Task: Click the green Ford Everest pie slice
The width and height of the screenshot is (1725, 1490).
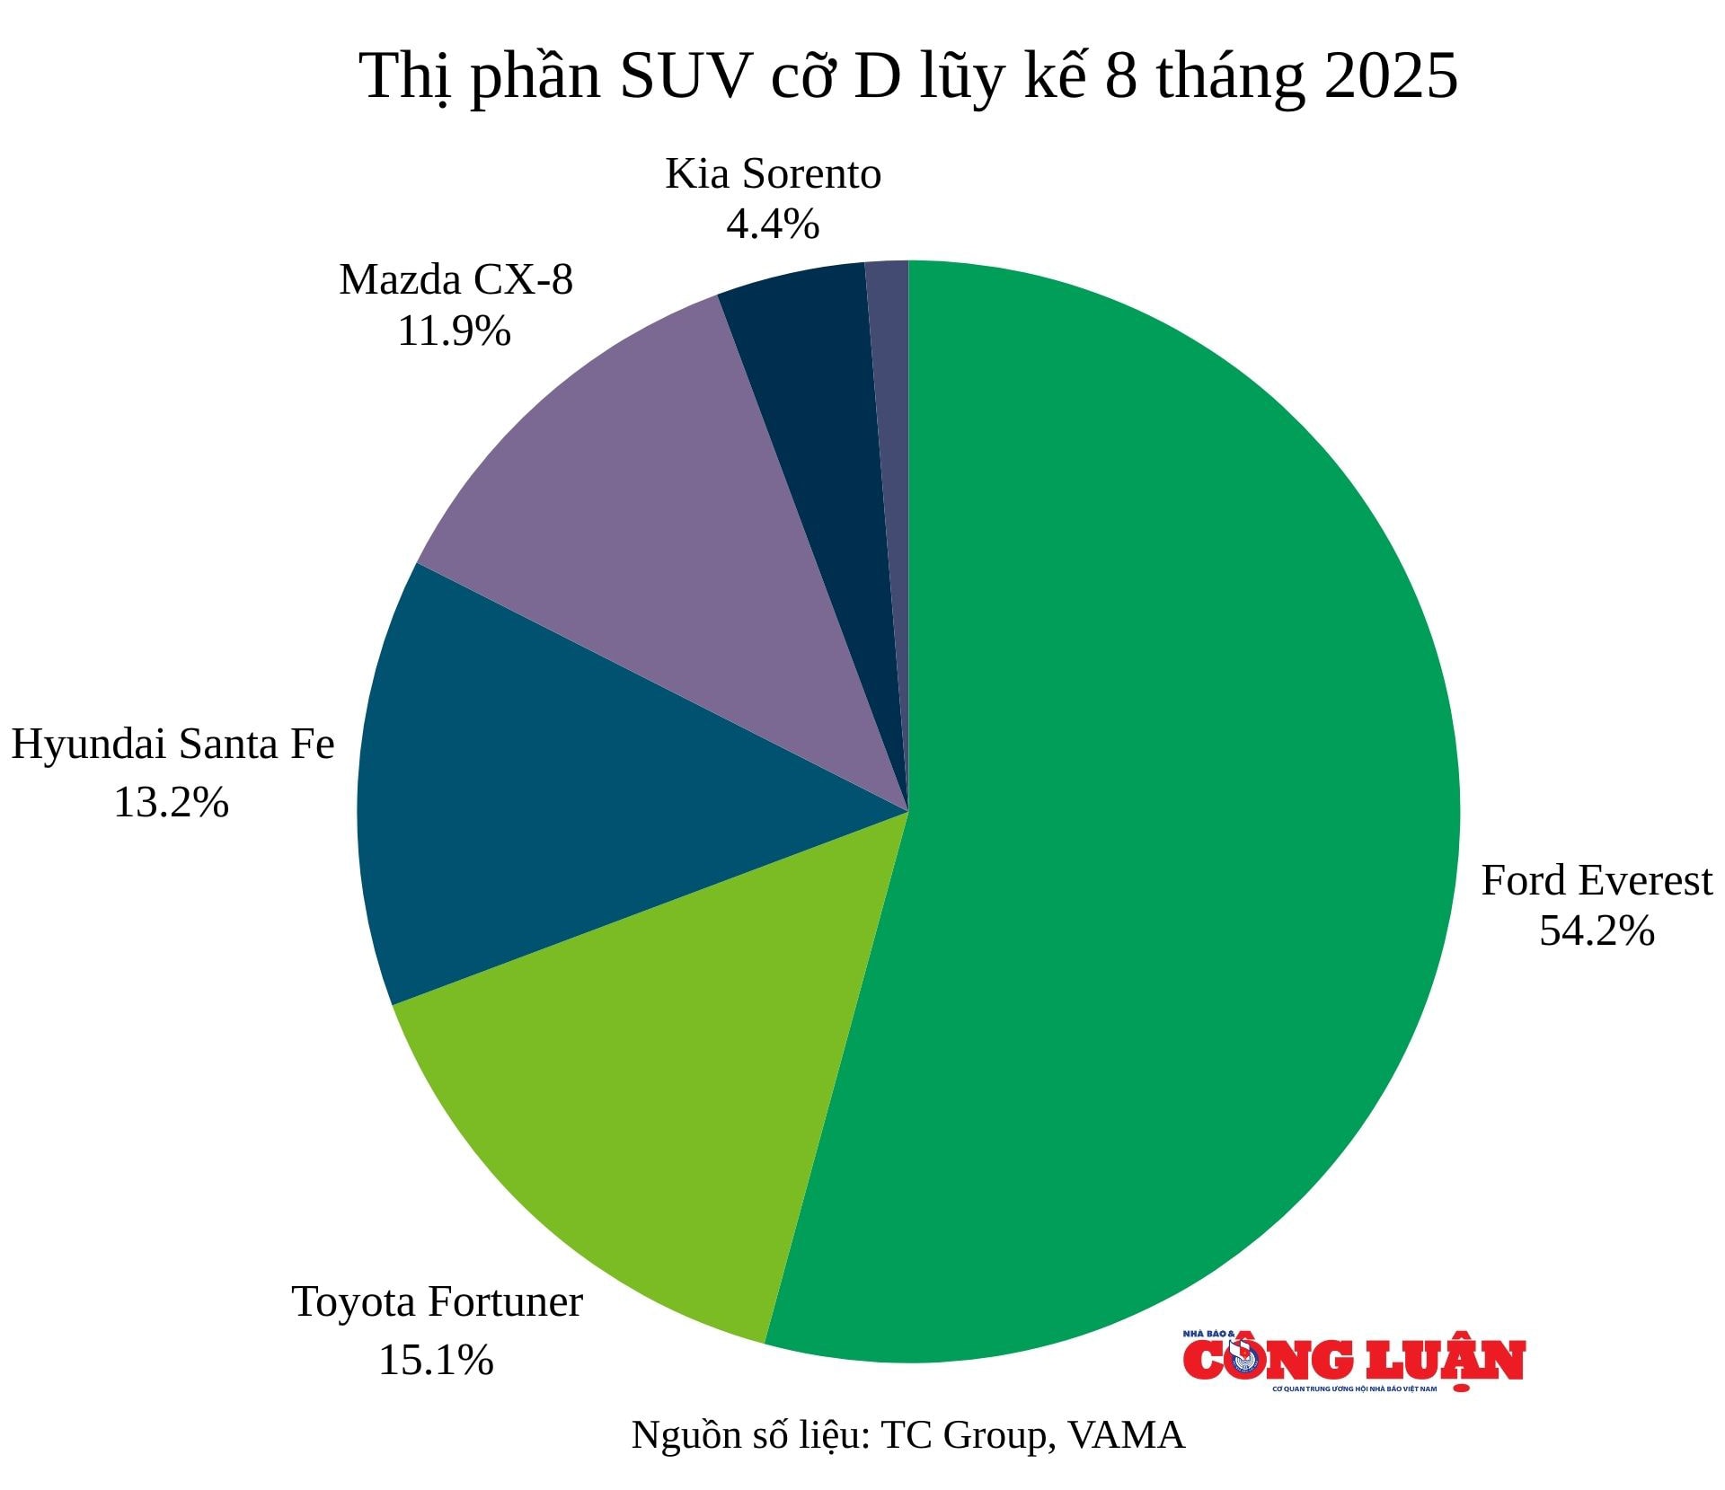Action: click(x=1168, y=808)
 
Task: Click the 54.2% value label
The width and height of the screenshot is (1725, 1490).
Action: click(x=1597, y=931)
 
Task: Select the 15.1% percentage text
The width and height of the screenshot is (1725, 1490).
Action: click(x=436, y=1360)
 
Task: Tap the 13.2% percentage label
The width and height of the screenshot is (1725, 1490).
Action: click(x=171, y=802)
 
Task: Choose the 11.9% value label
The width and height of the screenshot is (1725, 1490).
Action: click(x=454, y=331)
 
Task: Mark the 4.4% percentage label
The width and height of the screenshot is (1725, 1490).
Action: click(x=773, y=224)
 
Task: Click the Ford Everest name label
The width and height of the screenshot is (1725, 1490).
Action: click(x=1597, y=880)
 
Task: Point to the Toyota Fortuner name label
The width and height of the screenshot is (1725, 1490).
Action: click(x=438, y=1302)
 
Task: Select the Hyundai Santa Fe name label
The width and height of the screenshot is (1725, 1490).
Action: click(x=172, y=745)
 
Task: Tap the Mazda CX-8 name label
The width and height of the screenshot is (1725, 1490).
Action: click(x=456, y=279)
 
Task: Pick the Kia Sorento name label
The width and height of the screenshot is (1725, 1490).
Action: click(x=773, y=173)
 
